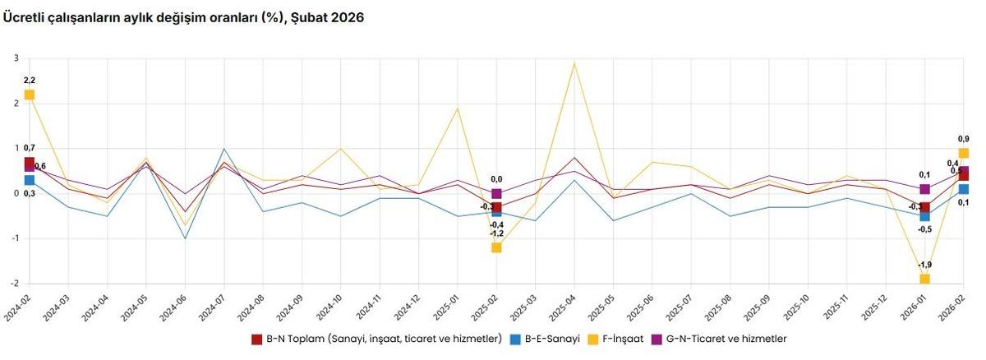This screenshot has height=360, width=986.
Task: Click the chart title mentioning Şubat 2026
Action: [183, 17]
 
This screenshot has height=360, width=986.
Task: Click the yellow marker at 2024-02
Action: [30, 95]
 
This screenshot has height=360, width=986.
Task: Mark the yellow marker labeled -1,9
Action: [924, 279]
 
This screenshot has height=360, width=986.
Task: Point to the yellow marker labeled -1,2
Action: [496, 247]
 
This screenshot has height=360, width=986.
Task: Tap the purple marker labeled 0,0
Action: [496, 194]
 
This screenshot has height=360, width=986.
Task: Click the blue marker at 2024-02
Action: [30, 180]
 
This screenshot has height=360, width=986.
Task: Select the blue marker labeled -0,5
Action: [924, 216]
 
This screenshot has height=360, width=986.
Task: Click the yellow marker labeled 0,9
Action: [963, 154]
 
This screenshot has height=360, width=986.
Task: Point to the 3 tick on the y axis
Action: [16, 58]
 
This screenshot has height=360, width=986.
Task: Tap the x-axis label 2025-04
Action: [564, 312]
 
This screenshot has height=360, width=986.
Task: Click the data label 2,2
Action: [30, 80]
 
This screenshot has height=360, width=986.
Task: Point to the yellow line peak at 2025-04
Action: [574, 63]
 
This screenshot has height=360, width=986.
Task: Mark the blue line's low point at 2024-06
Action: [185, 238]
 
